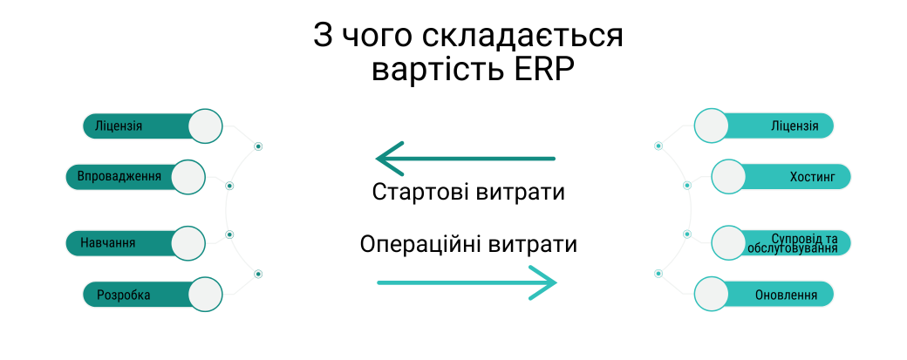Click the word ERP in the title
[x=540, y=70]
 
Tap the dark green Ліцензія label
[x=119, y=126]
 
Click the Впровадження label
[x=119, y=177]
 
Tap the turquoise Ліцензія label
[x=794, y=126]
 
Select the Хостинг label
[x=812, y=177]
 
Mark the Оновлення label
[x=786, y=295]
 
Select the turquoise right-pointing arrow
[x=467, y=282]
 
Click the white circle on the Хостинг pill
[x=729, y=177]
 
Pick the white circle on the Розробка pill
[x=206, y=294]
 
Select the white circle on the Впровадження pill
[x=188, y=177]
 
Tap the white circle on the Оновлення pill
[x=711, y=294]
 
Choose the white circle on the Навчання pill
[x=188, y=242]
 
